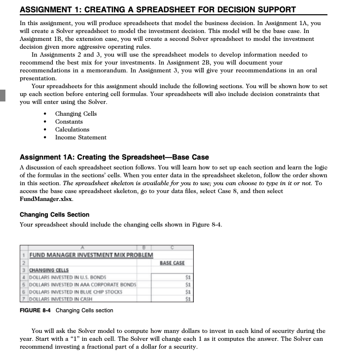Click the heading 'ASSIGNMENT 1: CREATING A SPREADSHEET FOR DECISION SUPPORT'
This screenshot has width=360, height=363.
[158, 9]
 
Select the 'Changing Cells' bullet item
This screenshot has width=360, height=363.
[76, 114]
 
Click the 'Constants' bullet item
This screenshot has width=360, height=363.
[69, 122]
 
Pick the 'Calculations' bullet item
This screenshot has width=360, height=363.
[72, 130]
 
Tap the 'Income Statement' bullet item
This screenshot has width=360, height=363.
[80, 137]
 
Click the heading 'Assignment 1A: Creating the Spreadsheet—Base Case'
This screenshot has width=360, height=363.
[114, 157]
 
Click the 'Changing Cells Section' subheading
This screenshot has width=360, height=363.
[54, 215]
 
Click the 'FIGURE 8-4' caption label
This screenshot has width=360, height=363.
[36, 310]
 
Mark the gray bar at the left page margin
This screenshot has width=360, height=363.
[2, 95]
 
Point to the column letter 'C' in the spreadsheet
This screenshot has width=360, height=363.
[173, 247]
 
